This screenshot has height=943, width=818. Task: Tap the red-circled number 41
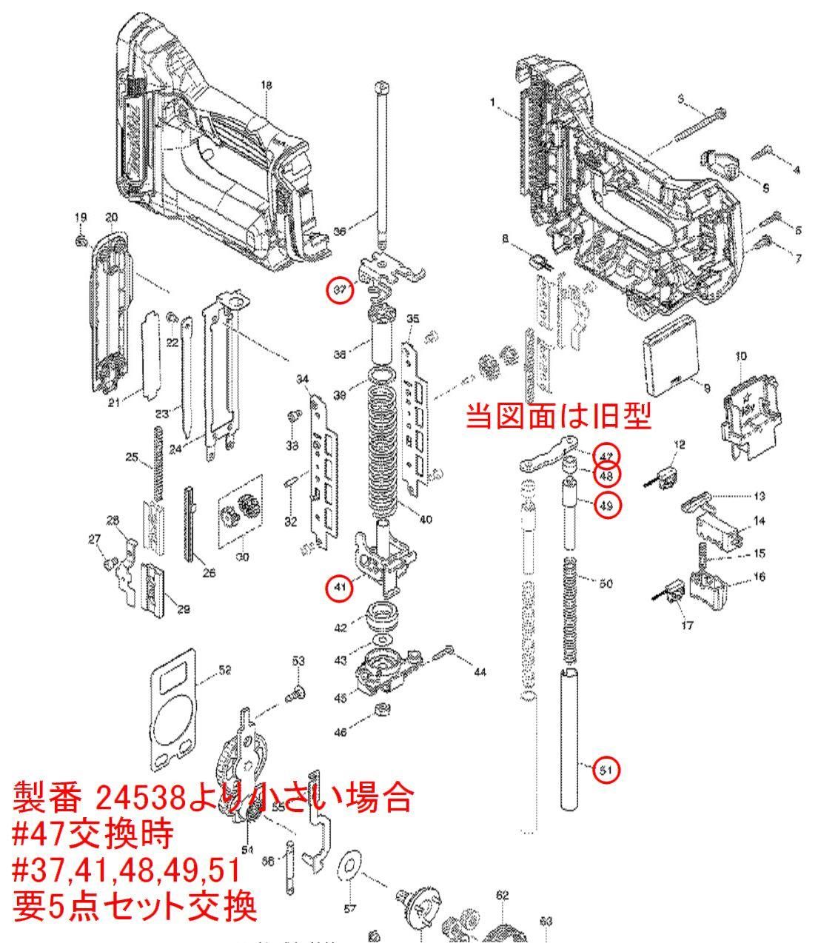click(339, 588)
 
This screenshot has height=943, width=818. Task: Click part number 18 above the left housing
click(267, 86)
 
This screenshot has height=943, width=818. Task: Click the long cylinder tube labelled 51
click(570, 740)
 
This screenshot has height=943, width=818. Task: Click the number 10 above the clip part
click(741, 356)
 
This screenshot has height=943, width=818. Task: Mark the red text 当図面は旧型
click(558, 418)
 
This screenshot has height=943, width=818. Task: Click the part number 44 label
click(480, 672)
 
